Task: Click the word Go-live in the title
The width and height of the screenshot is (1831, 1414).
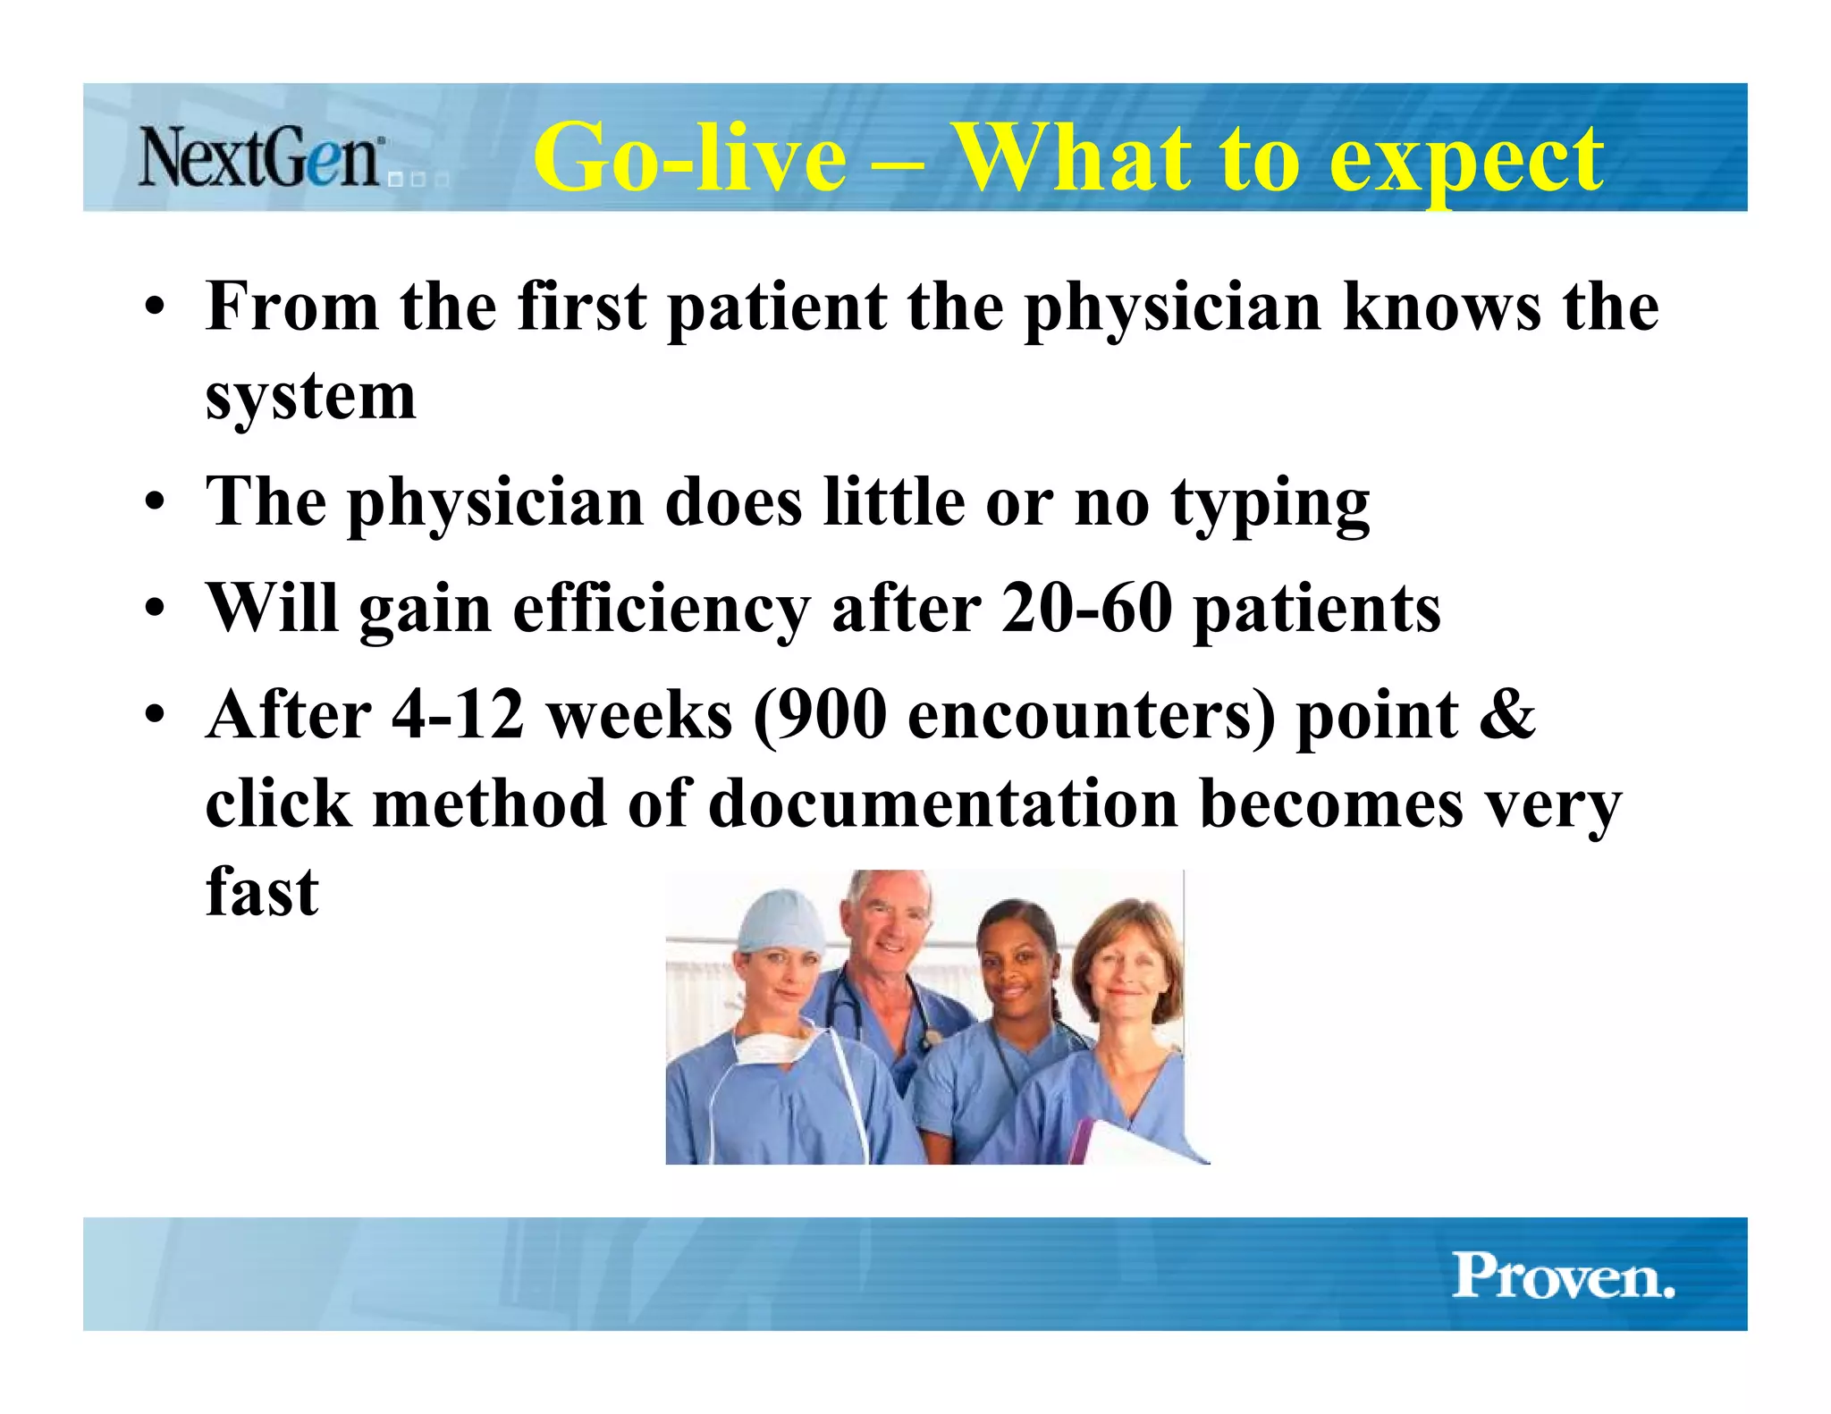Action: pyautogui.click(x=689, y=157)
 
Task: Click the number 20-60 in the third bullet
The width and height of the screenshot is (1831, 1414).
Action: pyautogui.click(x=1086, y=608)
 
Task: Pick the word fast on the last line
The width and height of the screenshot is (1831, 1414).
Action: pyautogui.click(x=261, y=891)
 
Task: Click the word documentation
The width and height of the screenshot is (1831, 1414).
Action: pyautogui.click(x=942, y=803)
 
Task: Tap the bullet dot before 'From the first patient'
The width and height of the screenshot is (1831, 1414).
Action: pyautogui.click(x=156, y=309)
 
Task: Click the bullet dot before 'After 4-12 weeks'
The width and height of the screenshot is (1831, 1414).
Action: pyautogui.click(x=156, y=716)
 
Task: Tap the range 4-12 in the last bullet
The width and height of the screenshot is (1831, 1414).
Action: pyautogui.click(x=457, y=715)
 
